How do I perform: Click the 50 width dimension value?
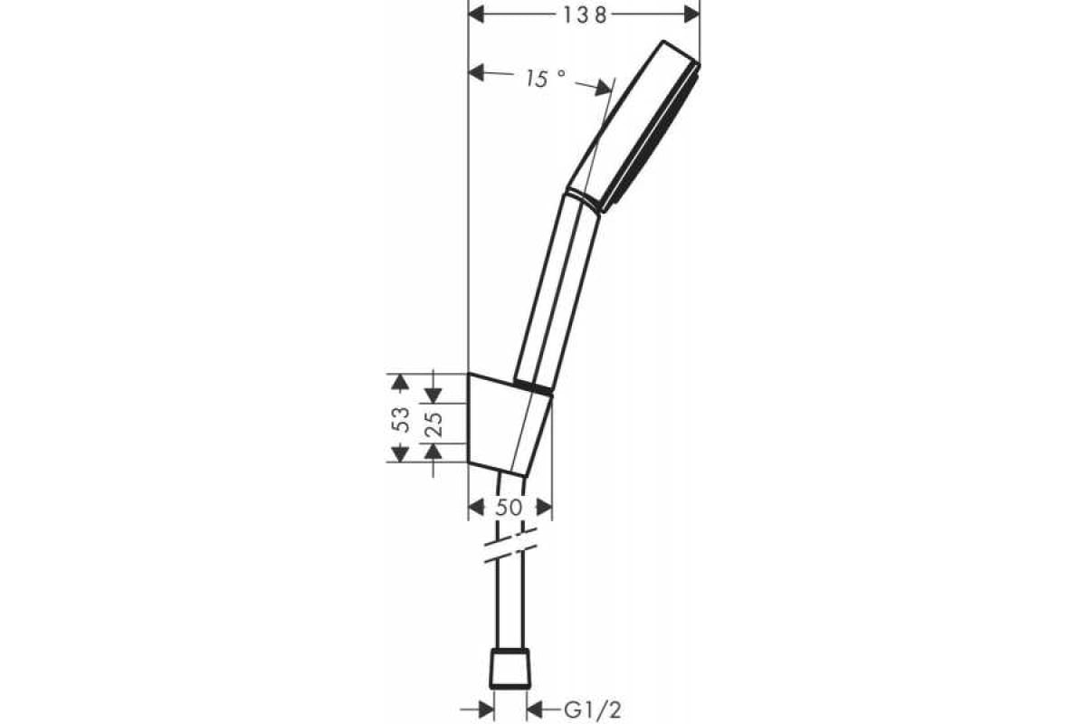click(x=510, y=508)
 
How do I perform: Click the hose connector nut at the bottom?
click(x=510, y=669)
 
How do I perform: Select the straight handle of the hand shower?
click(x=557, y=290)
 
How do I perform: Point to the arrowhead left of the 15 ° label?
click(x=478, y=72)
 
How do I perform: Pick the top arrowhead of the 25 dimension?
click(x=433, y=394)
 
